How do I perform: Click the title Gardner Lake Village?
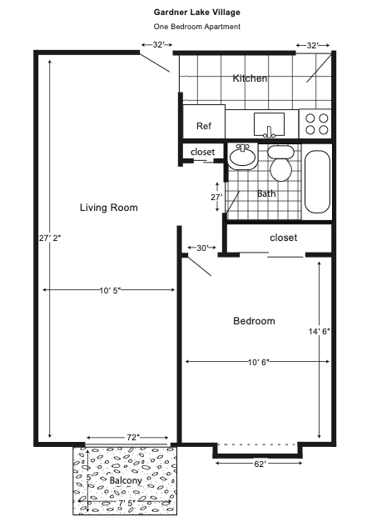coord(197,13)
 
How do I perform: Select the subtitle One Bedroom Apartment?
coord(197,27)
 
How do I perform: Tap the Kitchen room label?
coord(250,78)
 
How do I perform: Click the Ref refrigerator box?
coord(203,126)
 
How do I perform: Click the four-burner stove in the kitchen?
coord(315,124)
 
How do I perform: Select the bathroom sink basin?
coord(242,156)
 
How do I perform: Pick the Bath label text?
coord(266,193)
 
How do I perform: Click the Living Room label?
coord(108,208)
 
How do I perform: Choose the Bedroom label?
coord(254,321)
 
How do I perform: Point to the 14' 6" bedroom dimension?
coord(320,331)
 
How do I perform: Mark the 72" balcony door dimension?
coord(132,437)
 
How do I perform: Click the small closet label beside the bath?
coord(203,152)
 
